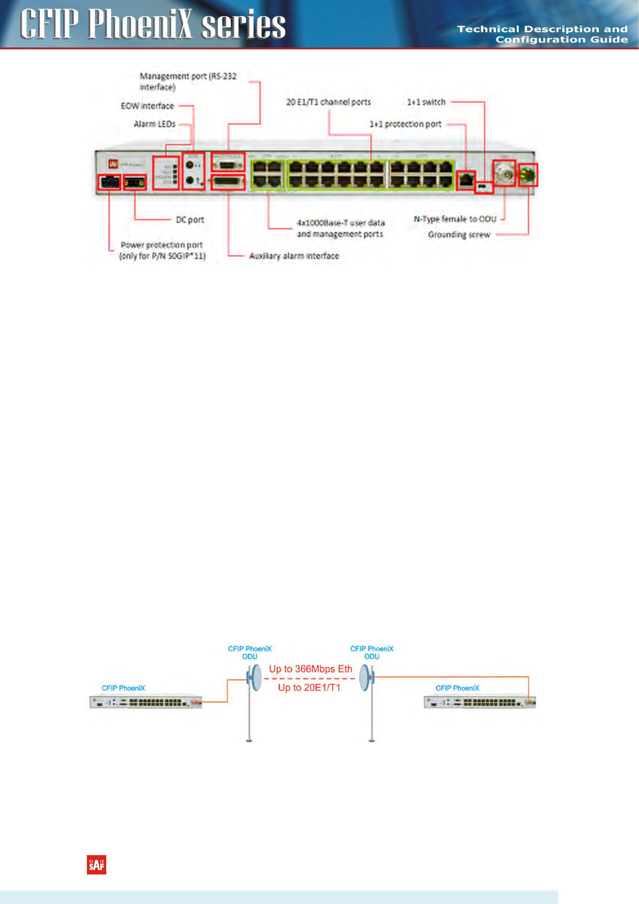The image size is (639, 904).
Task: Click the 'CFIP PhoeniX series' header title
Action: pyautogui.click(x=153, y=25)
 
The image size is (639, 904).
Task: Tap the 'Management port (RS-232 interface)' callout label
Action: pyautogui.click(x=187, y=82)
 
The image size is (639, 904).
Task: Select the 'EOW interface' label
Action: pyautogui.click(x=147, y=106)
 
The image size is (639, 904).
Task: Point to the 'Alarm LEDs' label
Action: pyautogui.click(x=155, y=124)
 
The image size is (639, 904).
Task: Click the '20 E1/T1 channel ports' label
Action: pyautogui.click(x=328, y=102)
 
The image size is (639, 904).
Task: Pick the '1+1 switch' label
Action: pyautogui.click(x=426, y=102)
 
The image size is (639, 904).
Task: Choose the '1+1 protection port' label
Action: pyautogui.click(x=405, y=124)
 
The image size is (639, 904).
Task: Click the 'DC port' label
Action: pyautogui.click(x=190, y=220)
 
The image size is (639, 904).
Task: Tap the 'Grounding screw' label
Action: pyautogui.click(x=459, y=235)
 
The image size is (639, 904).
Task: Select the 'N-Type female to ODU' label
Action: pyautogui.click(x=455, y=219)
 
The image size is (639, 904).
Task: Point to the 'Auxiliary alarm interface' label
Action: pyautogui.click(x=294, y=256)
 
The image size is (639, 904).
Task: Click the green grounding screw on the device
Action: pyautogui.click(x=527, y=174)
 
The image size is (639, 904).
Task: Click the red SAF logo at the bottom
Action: pyautogui.click(x=97, y=865)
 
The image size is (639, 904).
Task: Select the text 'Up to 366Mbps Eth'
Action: pyautogui.click(x=311, y=669)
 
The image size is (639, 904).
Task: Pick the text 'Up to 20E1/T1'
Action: pyautogui.click(x=309, y=688)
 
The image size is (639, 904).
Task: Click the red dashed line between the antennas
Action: pyautogui.click(x=310, y=679)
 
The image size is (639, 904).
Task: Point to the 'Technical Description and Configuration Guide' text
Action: pyautogui.click(x=542, y=34)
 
